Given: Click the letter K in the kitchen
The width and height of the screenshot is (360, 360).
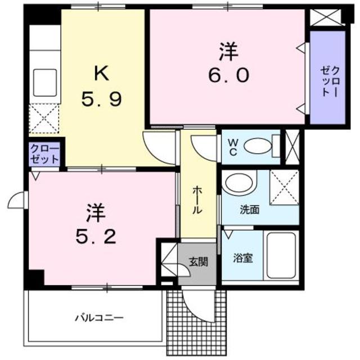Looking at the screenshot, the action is [101, 73].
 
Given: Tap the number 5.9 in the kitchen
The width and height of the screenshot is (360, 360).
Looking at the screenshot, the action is [101, 99].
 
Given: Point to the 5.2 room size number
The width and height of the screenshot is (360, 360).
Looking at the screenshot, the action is [96, 236].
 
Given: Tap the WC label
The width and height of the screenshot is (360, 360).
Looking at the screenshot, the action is [233, 147].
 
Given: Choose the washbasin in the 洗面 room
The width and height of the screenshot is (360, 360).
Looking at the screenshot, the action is [239, 183].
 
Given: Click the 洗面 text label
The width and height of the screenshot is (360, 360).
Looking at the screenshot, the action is [250, 210].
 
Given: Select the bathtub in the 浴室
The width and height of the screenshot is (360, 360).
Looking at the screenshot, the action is [281, 255].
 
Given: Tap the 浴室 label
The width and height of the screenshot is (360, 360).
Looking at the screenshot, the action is [243, 258].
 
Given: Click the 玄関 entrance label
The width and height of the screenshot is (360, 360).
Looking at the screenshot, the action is [199, 262].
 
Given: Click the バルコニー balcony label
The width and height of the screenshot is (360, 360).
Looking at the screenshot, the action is [99, 318].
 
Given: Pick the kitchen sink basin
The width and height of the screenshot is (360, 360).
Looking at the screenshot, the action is [45, 83].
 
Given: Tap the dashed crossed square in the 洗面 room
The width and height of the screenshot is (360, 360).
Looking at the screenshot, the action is [284, 187].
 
